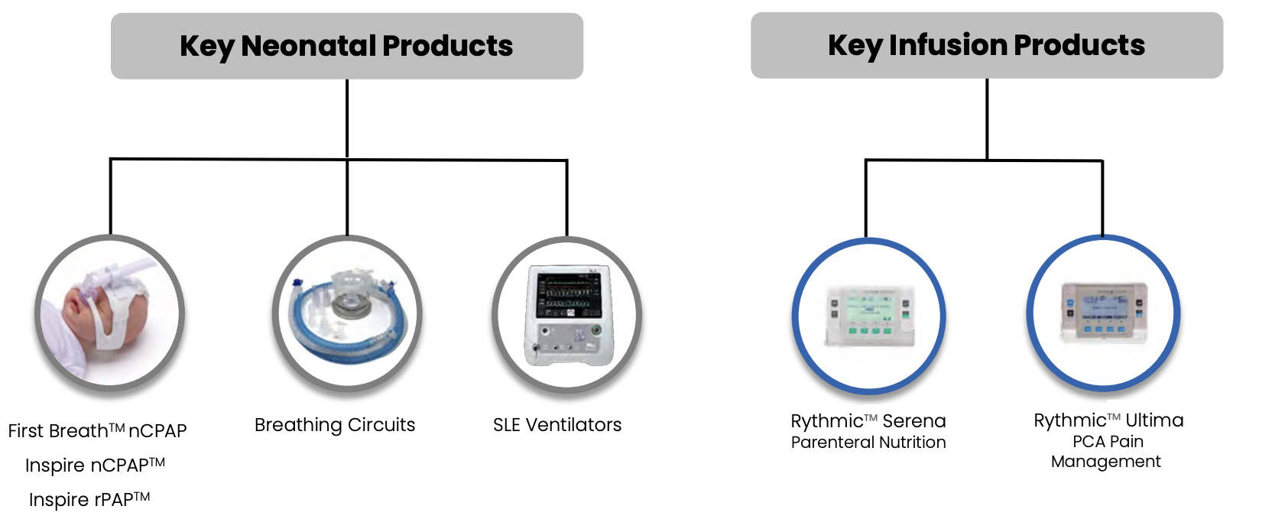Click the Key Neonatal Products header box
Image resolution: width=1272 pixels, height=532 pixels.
point(346,46)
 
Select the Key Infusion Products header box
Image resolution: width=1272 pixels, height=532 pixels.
point(986,45)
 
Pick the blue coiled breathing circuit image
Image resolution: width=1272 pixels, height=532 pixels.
point(347,314)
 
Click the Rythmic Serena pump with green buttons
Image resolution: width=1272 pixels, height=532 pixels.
point(868,316)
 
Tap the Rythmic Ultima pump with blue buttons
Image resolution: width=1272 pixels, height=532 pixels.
point(1103,313)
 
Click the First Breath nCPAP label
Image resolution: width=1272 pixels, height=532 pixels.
point(97,431)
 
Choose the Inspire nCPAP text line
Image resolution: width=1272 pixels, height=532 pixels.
point(95,465)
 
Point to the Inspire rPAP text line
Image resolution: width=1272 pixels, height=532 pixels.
point(89,500)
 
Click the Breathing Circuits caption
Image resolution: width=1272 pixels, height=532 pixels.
point(335,425)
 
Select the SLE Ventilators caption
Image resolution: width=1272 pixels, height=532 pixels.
point(557,425)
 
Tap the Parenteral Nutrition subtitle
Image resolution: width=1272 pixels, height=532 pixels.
point(868,443)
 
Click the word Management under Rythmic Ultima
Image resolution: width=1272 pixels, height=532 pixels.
point(1105,462)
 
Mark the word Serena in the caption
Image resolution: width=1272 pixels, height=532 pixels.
point(913,421)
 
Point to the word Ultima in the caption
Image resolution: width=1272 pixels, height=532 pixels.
point(1154,420)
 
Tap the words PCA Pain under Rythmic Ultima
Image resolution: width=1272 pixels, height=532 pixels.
point(1108,442)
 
